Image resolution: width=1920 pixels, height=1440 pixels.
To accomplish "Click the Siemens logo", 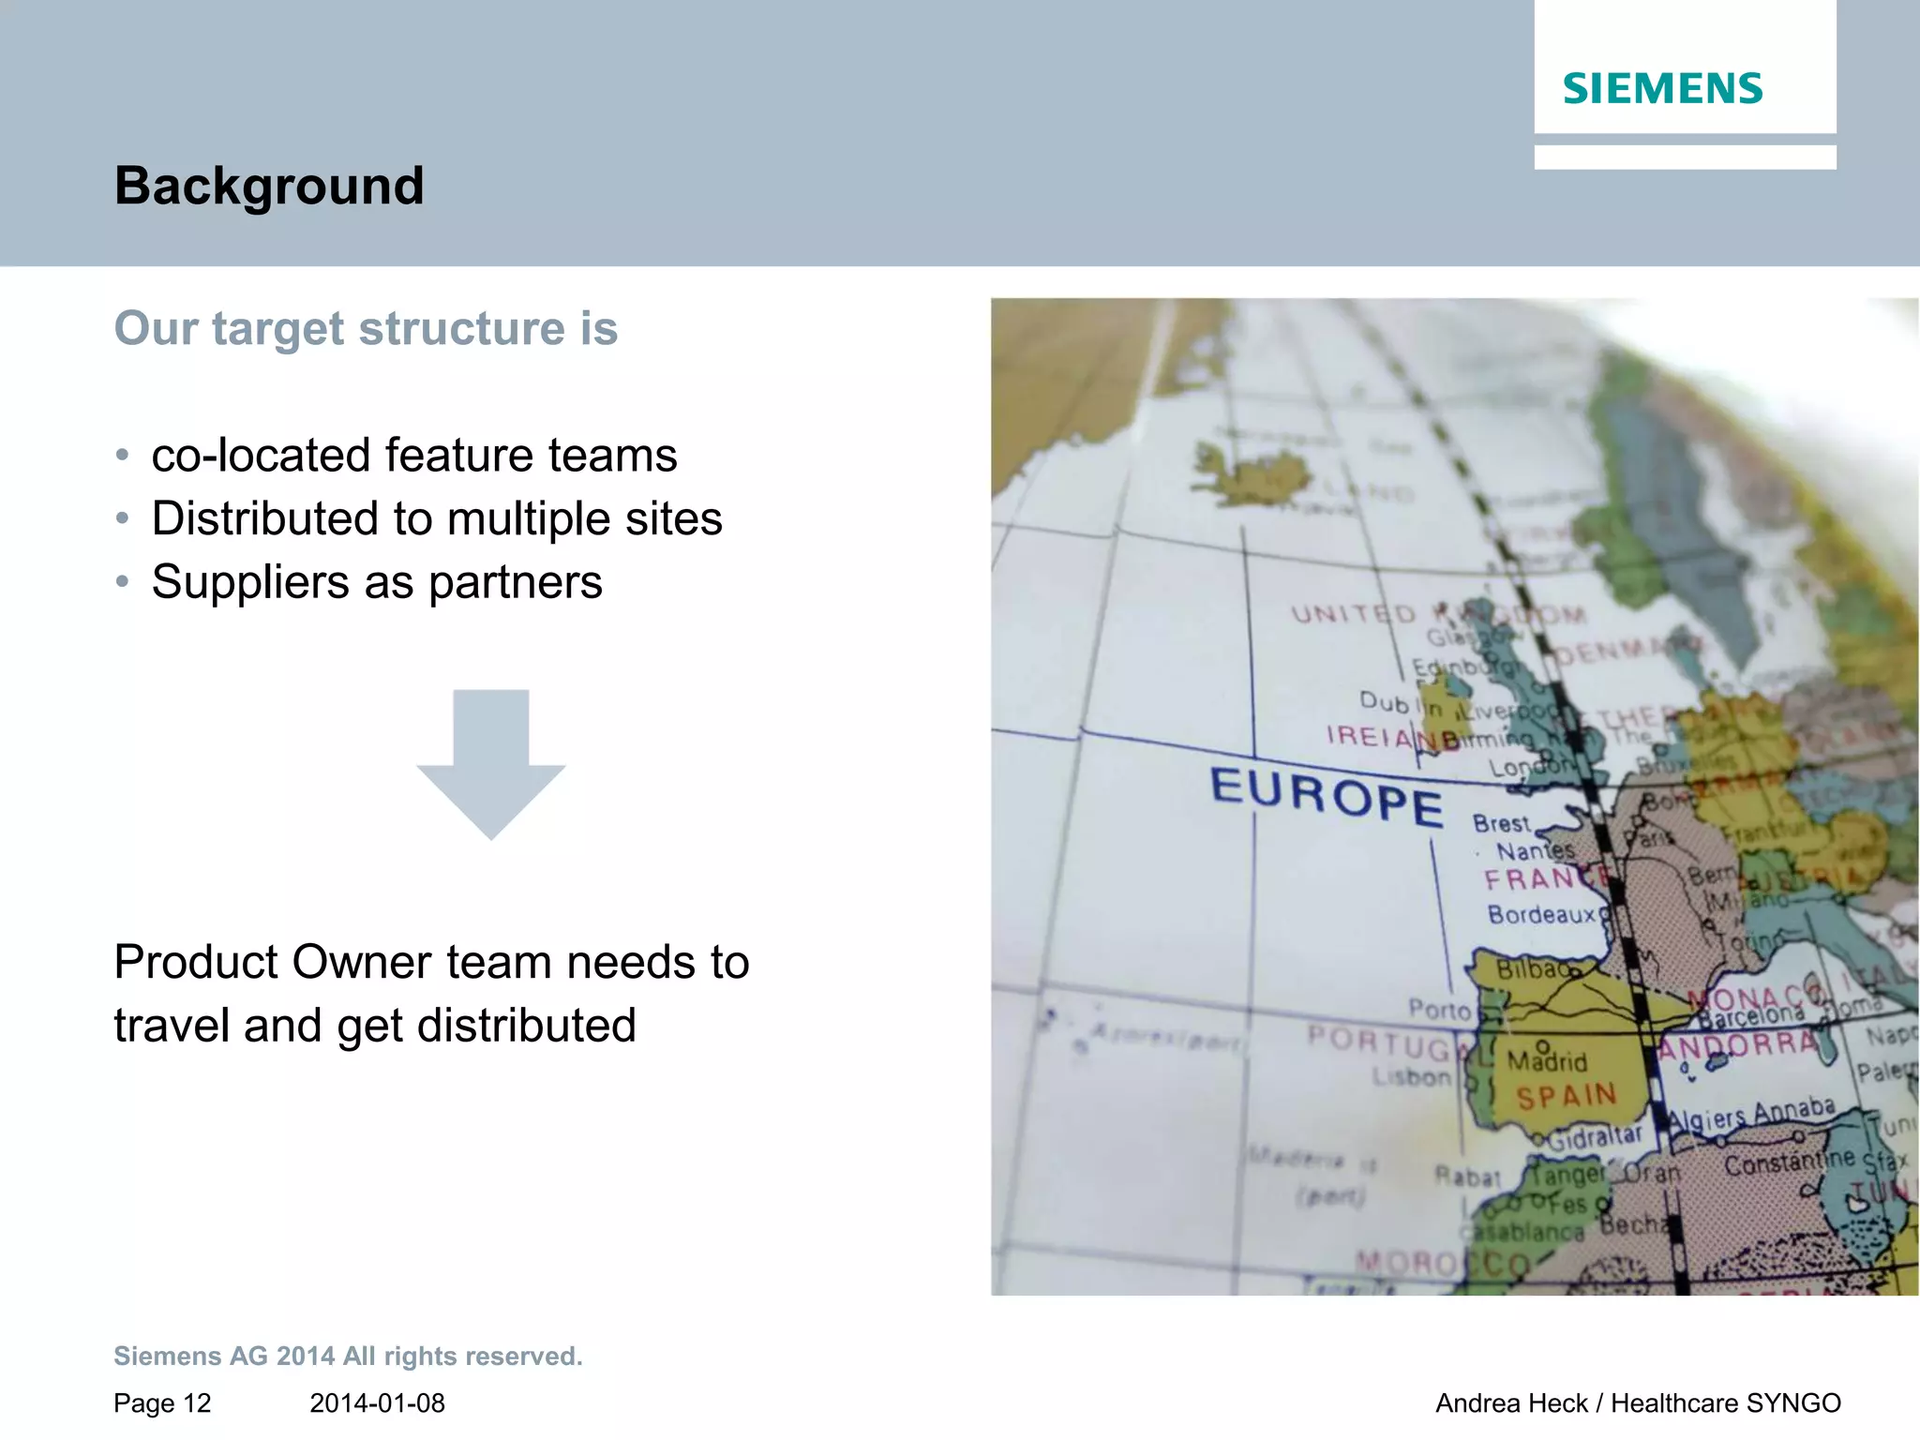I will point(1662,89).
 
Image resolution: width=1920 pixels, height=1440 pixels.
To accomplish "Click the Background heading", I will point(269,186).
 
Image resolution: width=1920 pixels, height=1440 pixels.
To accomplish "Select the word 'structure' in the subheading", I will point(462,329).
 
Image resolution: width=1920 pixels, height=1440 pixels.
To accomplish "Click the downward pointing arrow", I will point(490,764).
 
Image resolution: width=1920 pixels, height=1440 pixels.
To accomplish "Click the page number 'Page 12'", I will point(162,1403).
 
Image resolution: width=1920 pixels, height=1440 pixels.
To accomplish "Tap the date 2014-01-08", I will point(377,1403).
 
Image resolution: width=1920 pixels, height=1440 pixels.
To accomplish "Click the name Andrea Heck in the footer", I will point(1511,1403).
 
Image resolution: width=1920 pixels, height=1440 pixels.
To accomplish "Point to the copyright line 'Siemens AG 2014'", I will point(224,1357).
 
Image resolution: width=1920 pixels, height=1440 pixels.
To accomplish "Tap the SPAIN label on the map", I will point(1567,1096).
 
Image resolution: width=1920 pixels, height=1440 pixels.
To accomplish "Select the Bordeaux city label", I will point(1541,914).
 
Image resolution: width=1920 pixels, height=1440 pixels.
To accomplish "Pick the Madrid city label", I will point(1547,1061).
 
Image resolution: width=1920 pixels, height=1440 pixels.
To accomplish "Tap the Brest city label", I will point(1501,824).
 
